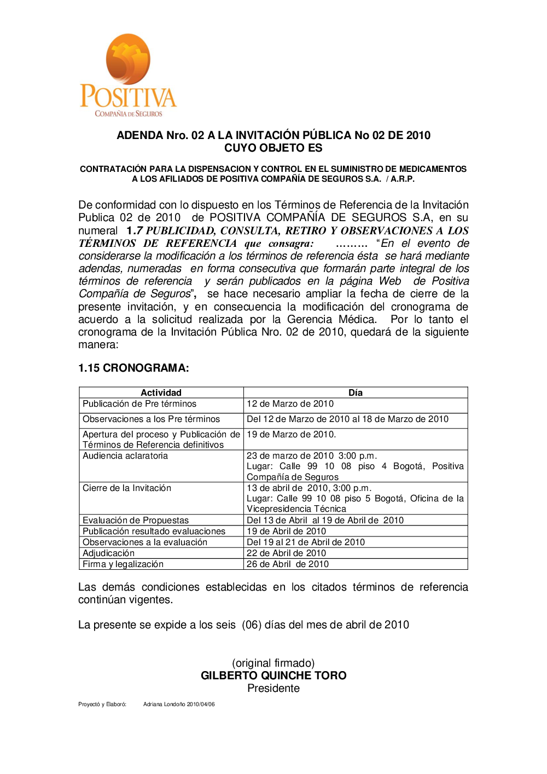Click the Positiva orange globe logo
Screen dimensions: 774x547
click(128, 59)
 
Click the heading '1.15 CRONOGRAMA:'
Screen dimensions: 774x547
click(133, 368)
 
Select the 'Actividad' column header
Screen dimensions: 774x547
click(161, 392)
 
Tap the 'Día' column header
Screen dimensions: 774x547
click(356, 392)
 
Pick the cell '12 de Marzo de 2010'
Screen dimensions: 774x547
click(290, 404)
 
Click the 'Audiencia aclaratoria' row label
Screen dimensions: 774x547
click(125, 456)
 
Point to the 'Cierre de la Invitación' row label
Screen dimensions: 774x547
click(127, 488)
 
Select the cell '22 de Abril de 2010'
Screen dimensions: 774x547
click(286, 553)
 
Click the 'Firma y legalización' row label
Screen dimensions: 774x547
click(123, 564)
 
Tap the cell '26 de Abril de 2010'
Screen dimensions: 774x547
click(288, 564)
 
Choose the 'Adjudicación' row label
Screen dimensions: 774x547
click(108, 553)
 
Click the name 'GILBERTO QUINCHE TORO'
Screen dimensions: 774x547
click(273, 675)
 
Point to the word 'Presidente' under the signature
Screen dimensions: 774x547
click(273, 689)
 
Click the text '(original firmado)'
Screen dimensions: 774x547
click(273, 663)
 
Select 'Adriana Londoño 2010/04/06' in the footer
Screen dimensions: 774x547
click(179, 704)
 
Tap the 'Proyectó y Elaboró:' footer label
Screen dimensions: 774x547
click(102, 704)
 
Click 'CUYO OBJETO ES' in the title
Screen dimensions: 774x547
click(273, 148)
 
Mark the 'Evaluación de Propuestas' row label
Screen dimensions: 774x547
click(136, 521)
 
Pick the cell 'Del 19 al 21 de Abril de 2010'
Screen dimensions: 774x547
click(306, 542)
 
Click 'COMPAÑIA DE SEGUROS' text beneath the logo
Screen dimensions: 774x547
click(129, 114)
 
